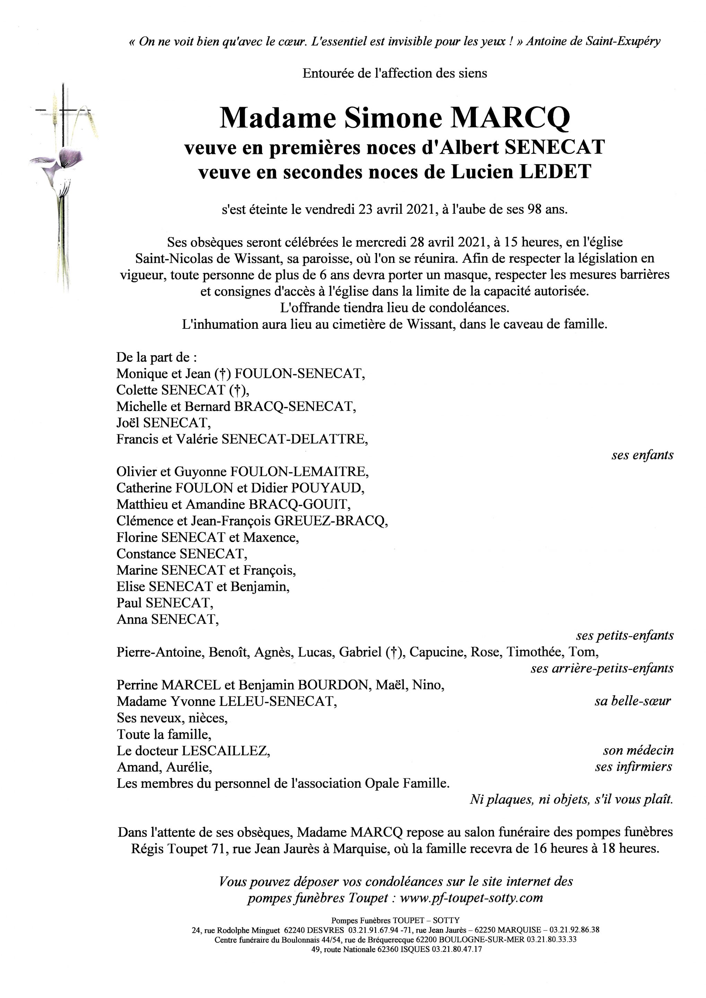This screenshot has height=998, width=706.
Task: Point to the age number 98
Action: (x=535, y=210)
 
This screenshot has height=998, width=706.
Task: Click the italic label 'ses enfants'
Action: (x=642, y=455)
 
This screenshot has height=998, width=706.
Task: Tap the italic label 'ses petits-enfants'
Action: (x=625, y=636)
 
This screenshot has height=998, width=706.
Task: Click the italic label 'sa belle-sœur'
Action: (x=633, y=701)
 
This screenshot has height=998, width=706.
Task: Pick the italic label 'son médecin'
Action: (x=638, y=750)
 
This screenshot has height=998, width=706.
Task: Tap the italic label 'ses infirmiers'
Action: (x=634, y=767)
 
